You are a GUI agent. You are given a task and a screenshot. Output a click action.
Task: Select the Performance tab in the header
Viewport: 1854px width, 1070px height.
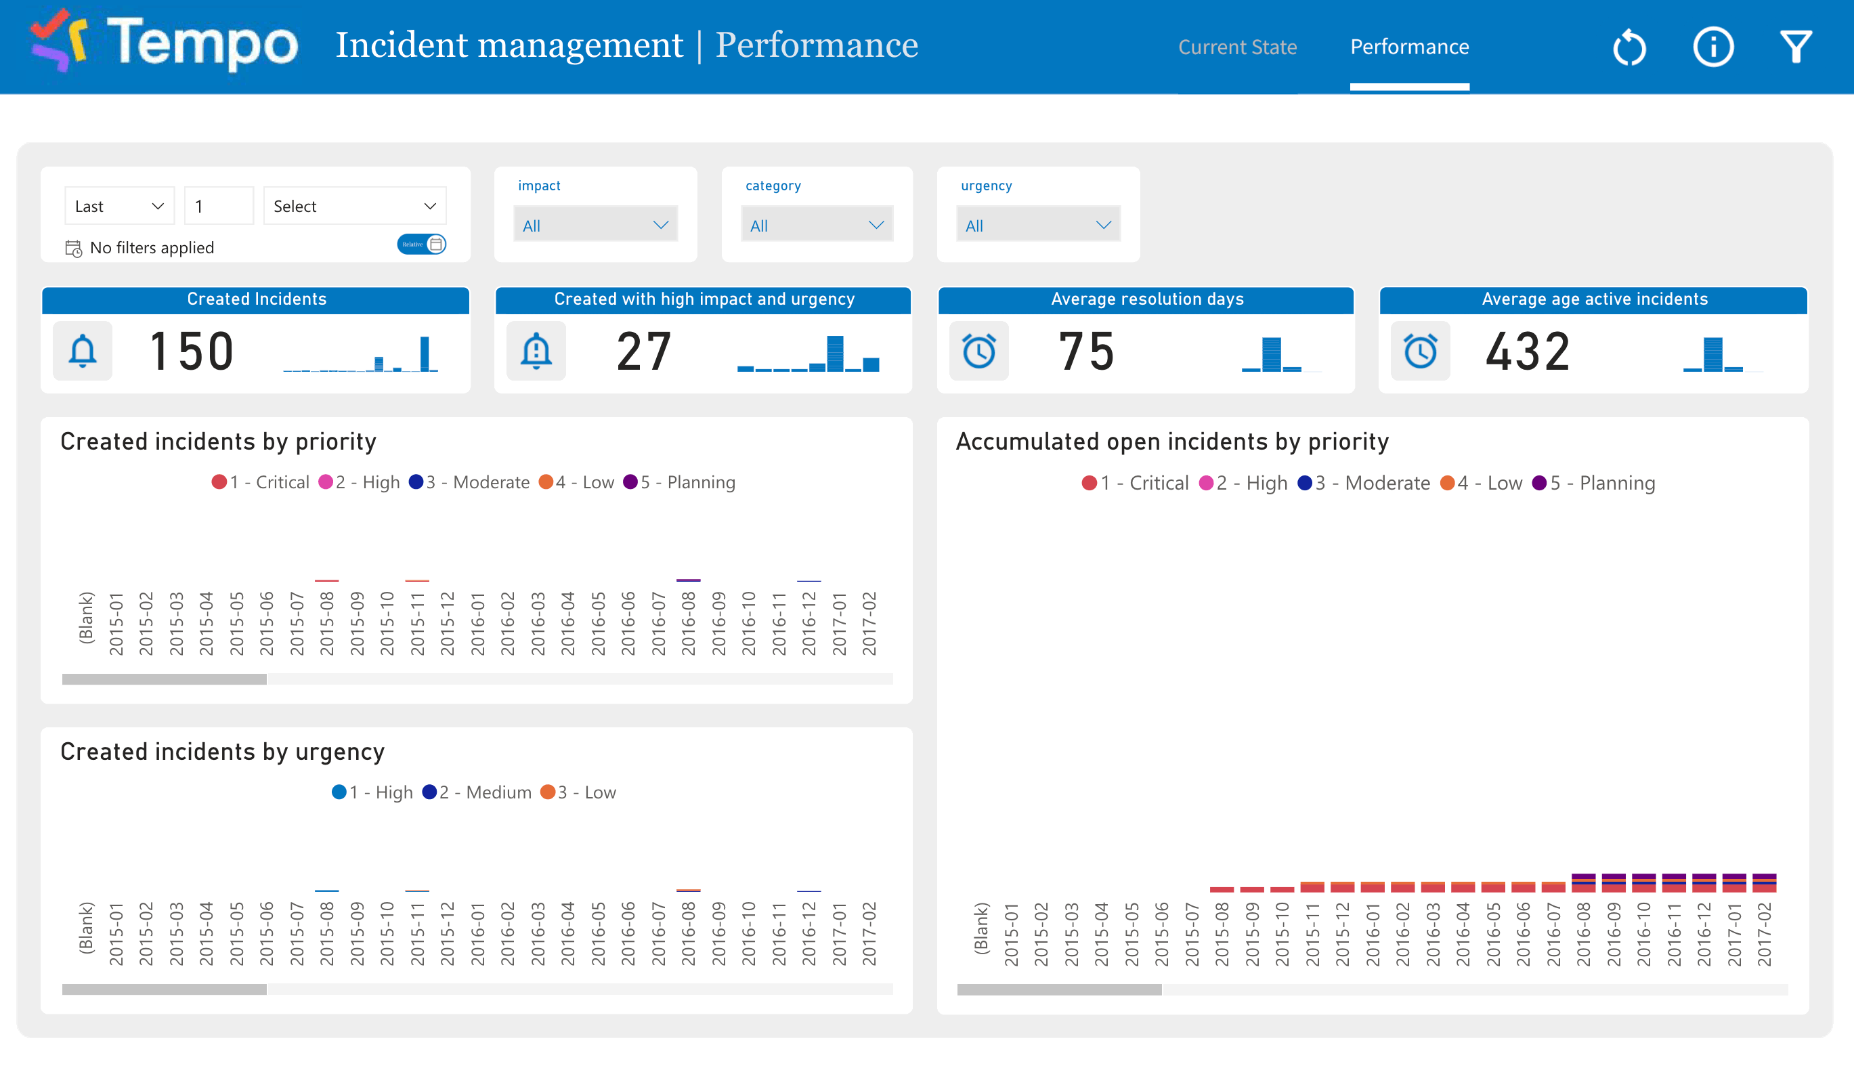[x=1408, y=47]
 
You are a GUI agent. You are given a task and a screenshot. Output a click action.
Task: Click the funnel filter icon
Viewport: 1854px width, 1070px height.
[x=1795, y=47]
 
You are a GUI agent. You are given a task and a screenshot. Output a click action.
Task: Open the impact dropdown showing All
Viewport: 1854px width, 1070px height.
[x=595, y=225]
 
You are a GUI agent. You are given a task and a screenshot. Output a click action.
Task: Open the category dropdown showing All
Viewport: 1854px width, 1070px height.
[x=816, y=225]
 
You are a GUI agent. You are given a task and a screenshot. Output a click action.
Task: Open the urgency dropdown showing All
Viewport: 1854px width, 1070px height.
[x=1037, y=225]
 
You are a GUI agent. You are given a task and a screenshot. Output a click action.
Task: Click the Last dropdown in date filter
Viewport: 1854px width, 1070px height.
[x=118, y=207]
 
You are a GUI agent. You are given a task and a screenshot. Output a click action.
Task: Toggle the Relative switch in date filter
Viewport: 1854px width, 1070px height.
[x=421, y=244]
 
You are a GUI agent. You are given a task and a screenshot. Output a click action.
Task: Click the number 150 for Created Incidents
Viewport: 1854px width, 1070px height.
[x=191, y=351]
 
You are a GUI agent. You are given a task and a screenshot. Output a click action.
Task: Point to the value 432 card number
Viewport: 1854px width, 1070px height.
[x=1527, y=351]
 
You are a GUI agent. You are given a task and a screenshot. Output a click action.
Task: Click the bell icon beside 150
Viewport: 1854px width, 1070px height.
[x=83, y=351]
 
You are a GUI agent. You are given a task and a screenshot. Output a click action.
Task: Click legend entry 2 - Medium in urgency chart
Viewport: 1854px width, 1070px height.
[x=477, y=792]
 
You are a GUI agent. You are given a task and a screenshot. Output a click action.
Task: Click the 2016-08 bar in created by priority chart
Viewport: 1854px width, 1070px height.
[x=688, y=580]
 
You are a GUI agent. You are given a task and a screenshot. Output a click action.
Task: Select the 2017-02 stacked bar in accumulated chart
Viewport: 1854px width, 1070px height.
[x=1764, y=882]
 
